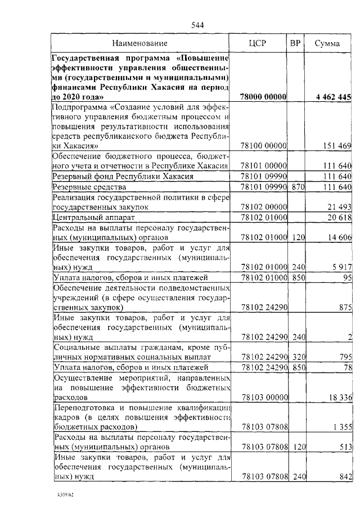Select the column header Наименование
[x=139, y=43]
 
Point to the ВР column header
[x=295, y=43]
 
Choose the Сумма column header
[x=327, y=43]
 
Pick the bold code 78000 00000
[x=264, y=97]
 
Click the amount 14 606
[x=339, y=237]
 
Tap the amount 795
[x=345, y=357]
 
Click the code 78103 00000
[x=264, y=397]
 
